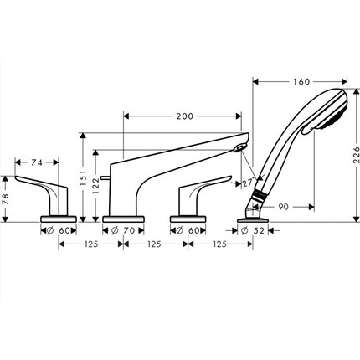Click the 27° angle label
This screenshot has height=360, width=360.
[x=248, y=181]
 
